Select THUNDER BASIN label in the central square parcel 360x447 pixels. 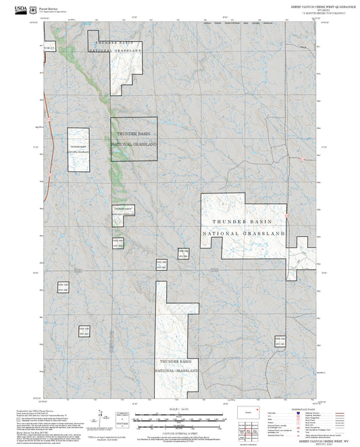134,134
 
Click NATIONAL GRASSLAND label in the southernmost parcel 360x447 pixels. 176,371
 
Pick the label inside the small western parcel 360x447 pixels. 78,149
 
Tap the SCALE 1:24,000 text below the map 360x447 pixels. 180,409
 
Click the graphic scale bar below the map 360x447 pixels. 180,418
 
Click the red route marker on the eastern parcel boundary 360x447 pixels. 286,215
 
